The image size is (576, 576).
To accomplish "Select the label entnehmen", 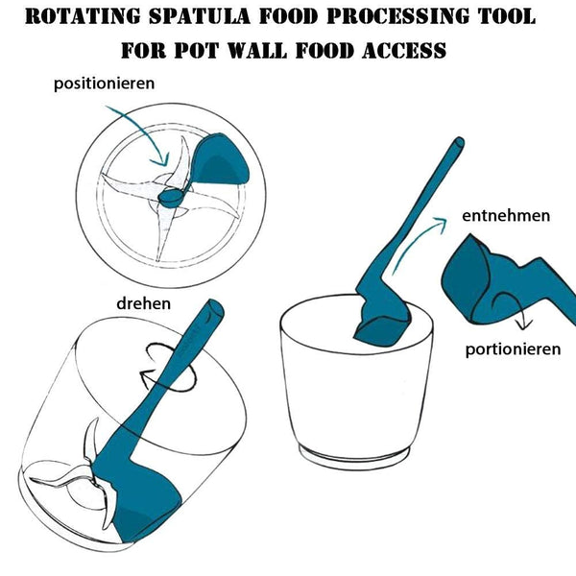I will (x=506, y=215).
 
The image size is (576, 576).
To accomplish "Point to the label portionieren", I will (x=513, y=349).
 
